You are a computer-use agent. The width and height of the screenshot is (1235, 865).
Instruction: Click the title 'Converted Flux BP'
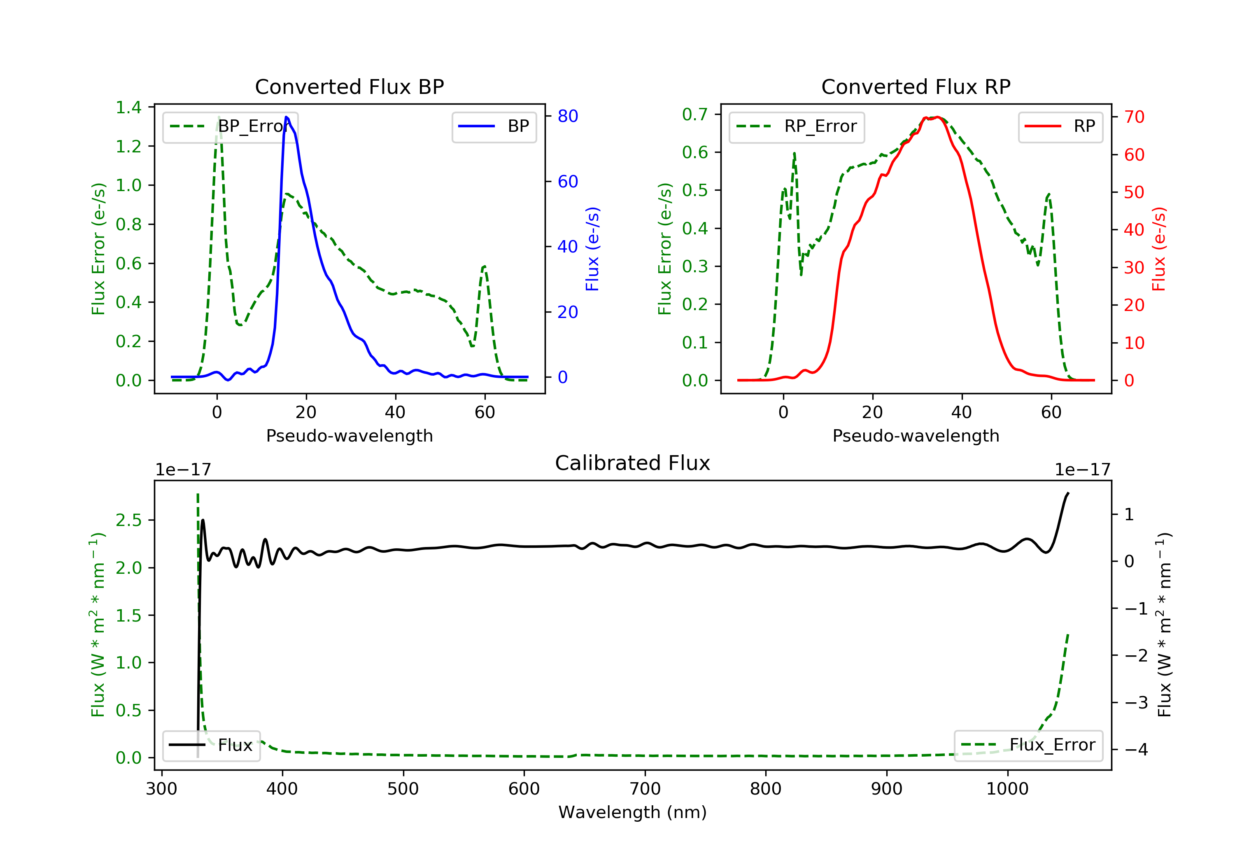pyautogui.click(x=349, y=86)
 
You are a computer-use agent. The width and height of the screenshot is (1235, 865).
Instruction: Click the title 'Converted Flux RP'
pyautogui.click(x=916, y=86)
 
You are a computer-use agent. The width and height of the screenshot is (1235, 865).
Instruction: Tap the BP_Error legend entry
pyautogui.click(x=230, y=126)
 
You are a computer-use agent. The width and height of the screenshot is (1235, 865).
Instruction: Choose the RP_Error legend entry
pyautogui.click(x=797, y=126)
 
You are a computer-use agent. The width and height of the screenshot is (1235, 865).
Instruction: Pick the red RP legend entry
pyautogui.click(x=1060, y=126)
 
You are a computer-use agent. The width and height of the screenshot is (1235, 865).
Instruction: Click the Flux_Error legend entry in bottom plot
pyautogui.click(x=1028, y=745)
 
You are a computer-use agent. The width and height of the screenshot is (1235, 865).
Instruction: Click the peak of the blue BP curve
pyautogui.click(x=286, y=117)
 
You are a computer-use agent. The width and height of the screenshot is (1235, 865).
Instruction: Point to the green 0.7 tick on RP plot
pyautogui.click(x=695, y=114)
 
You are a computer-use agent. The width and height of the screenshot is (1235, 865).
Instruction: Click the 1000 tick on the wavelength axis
pyautogui.click(x=1007, y=789)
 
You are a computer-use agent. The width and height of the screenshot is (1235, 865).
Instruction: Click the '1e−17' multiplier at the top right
pyautogui.click(x=1082, y=470)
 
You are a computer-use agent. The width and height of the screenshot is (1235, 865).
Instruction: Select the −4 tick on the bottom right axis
pyautogui.click(x=1136, y=749)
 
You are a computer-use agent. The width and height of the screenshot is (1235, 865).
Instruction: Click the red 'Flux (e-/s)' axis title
pyautogui.click(x=1159, y=249)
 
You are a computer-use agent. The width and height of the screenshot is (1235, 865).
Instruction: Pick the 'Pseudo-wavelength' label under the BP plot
pyautogui.click(x=349, y=435)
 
